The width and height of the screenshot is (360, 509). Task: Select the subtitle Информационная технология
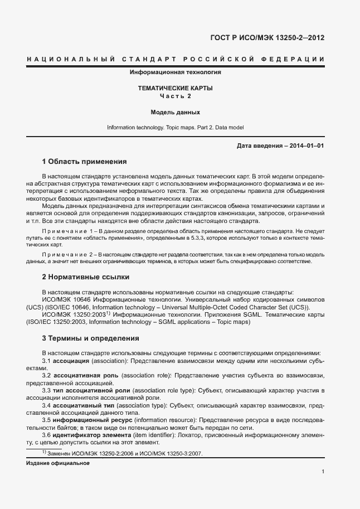(176, 72)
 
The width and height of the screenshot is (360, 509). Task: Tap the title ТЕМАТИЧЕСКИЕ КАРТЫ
(176, 88)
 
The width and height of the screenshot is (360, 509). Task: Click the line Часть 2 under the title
(176, 96)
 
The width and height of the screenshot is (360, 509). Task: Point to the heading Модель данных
(176, 112)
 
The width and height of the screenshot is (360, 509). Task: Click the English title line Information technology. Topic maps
(176, 128)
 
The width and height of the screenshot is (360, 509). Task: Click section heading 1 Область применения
(85, 162)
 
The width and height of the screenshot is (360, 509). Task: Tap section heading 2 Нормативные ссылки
(86, 277)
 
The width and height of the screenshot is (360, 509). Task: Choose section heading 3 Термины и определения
(91, 338)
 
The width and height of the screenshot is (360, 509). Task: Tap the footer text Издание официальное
(58, 463)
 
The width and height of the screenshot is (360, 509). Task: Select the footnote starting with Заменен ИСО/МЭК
(125, 453)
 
